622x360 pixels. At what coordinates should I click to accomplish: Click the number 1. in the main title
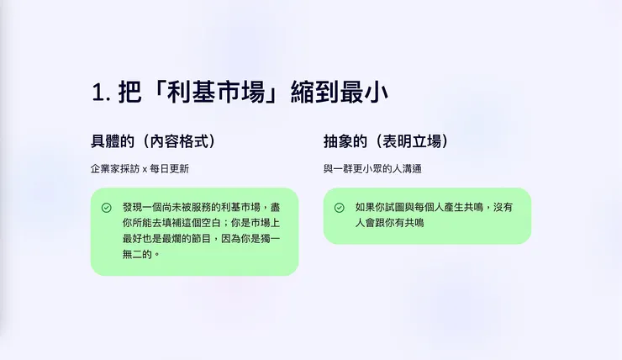(x=101, y=93)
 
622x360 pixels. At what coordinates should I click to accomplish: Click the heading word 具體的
(x=113, y=141)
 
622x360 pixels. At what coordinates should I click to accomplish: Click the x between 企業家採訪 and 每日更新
(x=145, y=169)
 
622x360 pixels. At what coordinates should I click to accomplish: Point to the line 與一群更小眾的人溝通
(x=372, y=169)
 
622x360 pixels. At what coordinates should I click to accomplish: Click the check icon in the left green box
(x=107, y=208)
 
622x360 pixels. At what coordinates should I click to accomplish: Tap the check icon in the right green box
(x=340, y=208)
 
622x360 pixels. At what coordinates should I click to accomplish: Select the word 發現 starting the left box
(x=133, y=207)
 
